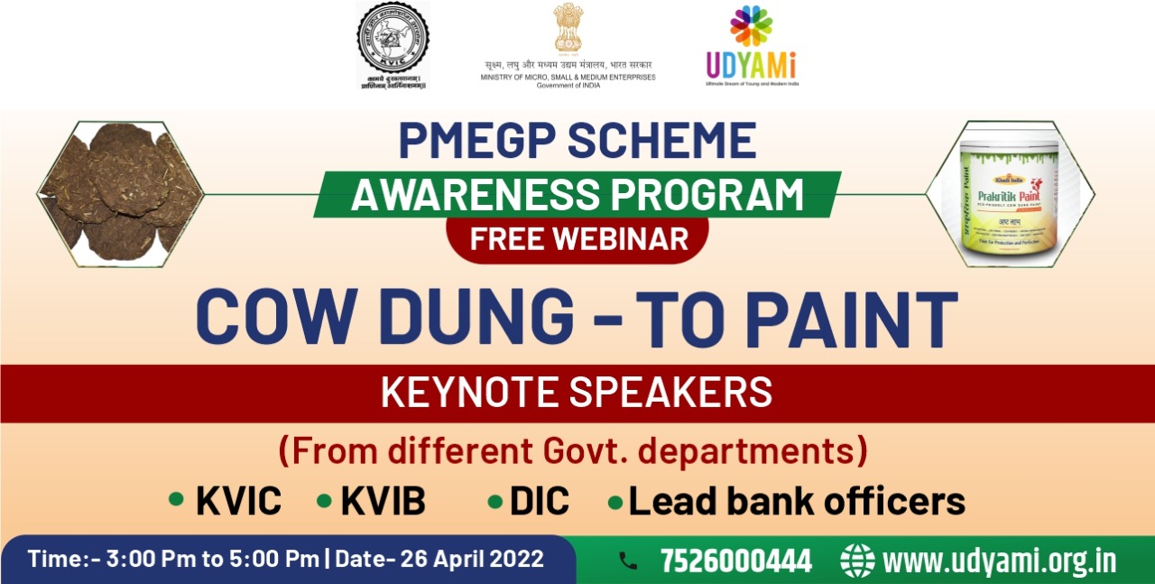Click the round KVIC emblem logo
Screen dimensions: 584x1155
coord(393,38)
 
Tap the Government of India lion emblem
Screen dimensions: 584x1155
coord(568,28)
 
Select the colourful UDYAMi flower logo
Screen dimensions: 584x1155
coord(751,25)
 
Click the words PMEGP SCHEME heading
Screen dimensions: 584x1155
coord(577,141)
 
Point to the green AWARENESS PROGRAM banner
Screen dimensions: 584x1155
coord(577,194)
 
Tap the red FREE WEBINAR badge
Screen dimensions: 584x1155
coord(577,239)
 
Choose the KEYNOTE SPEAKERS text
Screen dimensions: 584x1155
coord(577,393)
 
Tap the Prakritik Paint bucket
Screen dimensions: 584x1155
coord(1009,194)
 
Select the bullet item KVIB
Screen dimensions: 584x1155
coord(383,502)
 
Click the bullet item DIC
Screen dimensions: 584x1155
coord(540,502)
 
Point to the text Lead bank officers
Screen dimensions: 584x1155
coord(797,502)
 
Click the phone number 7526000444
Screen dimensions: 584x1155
coord(735,561)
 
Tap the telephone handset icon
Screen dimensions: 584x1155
coord(628,561)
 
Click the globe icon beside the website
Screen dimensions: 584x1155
coord(857,561)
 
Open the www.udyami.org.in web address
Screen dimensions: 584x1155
coord(999,561)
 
